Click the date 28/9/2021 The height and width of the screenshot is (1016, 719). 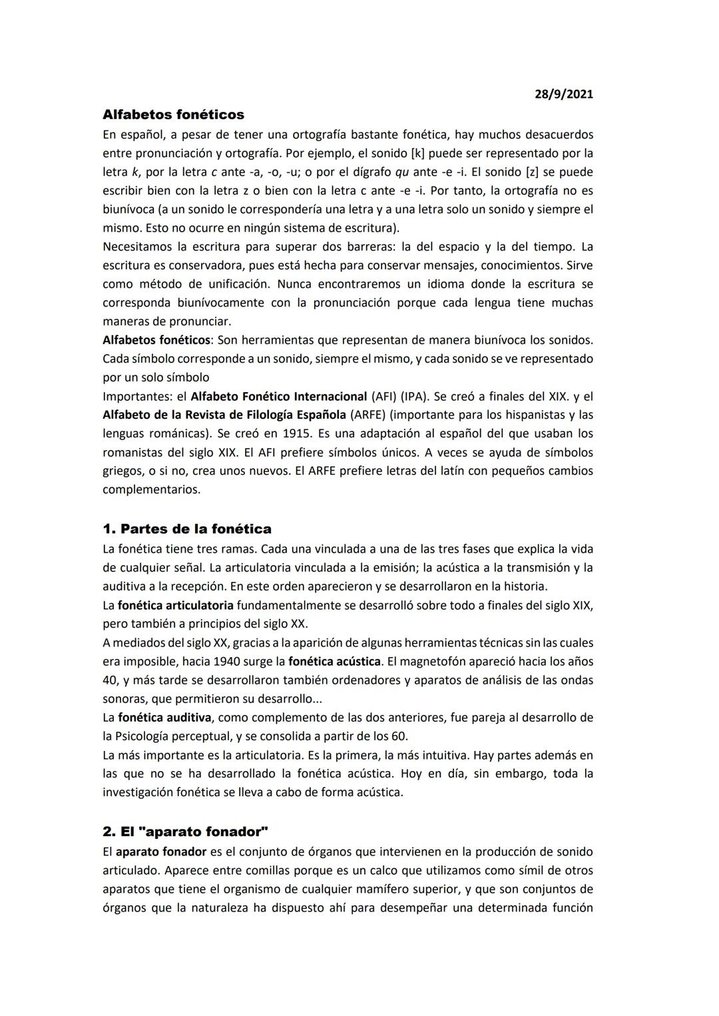(563, 94)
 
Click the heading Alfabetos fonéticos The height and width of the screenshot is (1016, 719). (173, 115)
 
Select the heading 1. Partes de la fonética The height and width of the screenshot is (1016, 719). (187, 529)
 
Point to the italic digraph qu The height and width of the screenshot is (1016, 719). (401, 172)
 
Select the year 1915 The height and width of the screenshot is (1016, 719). (296, 433)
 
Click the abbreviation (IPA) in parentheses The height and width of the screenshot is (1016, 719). (413, 396)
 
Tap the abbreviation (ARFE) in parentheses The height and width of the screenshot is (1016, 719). (368, 415)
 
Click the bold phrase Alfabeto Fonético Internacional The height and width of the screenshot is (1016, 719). (278, 396)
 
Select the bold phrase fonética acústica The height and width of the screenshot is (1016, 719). (334, 662)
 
